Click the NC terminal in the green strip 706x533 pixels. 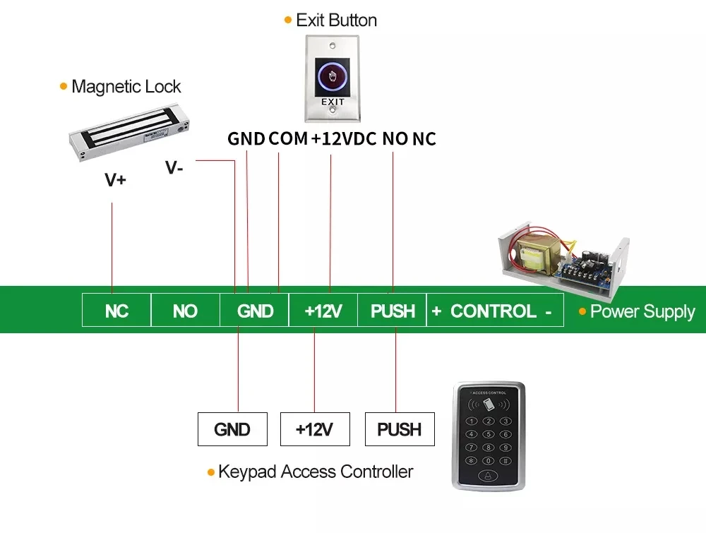click(116, 310)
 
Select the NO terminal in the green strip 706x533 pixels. click(186, 310)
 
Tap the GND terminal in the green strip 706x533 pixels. click(254, 310)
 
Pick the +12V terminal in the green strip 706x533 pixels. click(323, 310)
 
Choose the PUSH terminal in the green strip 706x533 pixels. click(392, 310)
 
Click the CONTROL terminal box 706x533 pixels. click(495, 310)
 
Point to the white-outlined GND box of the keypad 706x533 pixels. click(232, 429)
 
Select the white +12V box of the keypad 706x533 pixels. click(315, 429)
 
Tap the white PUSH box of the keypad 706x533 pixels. click(400, 429)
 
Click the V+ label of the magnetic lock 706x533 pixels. click(115, 179)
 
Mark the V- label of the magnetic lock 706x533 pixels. click(174, 167)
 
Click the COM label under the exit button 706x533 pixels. click(288, 138)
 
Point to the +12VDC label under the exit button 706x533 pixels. click(344, 138)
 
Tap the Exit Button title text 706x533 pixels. click(336, 20)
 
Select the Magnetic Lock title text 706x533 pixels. click(126, 86)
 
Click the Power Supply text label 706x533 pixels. click(642, 311)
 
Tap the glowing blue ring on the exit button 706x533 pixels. click(332, 76)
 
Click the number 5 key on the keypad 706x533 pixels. click(489, 434)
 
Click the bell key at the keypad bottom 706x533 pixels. click(488, 475)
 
